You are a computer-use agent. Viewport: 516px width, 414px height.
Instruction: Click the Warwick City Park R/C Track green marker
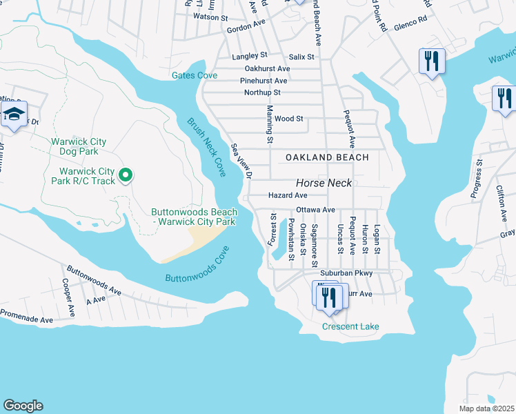tap(125, 176)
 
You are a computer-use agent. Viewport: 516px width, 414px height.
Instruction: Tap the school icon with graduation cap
tap(13, 115)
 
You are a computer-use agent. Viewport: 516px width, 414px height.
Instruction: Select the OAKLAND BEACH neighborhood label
tap(328, 157)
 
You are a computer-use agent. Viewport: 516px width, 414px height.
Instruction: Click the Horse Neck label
tap(324, 183)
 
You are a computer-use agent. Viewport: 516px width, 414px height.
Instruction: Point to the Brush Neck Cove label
tap(206, 147)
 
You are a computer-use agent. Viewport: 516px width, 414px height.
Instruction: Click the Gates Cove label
tap(194, 75)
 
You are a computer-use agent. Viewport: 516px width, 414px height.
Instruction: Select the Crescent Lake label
tap(350, 326)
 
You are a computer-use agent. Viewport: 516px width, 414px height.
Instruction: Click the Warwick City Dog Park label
tap(79, 147)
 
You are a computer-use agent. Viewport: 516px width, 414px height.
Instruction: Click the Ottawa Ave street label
tap(315, 209)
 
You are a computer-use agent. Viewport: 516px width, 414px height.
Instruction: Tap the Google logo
tap(23, 406)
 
